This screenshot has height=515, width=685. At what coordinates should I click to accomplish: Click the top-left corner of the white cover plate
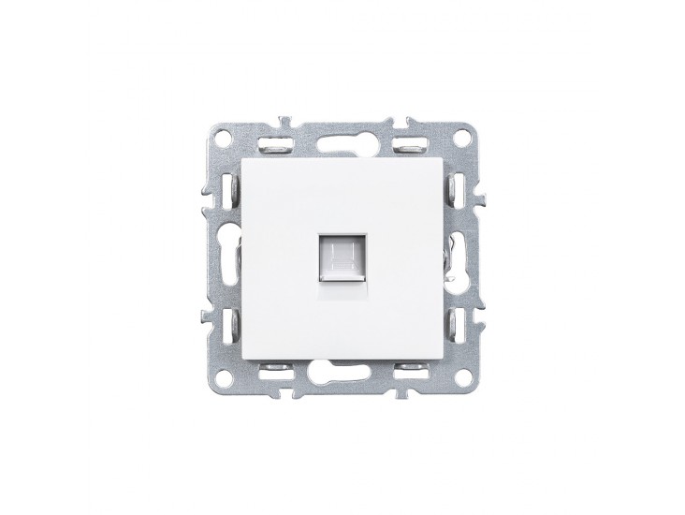click(x=244, y=156)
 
